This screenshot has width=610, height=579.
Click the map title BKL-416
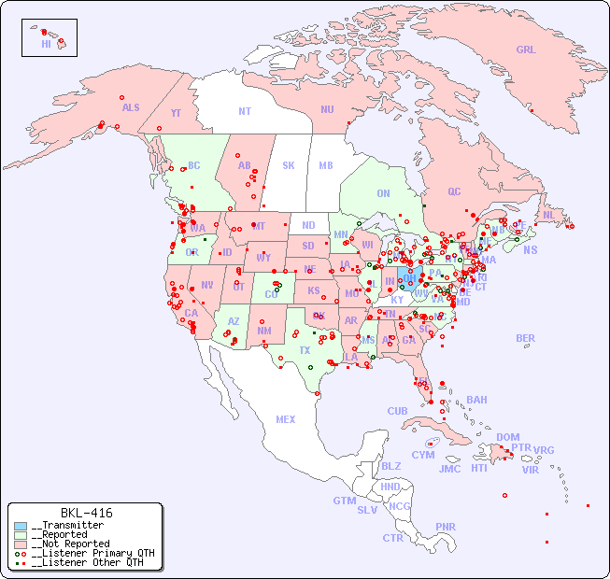tap(86, 513)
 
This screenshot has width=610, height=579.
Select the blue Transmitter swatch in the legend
tap(21, 526)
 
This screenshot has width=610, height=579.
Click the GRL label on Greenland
tap(526, 49)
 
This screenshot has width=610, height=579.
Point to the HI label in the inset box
tap(46, 44)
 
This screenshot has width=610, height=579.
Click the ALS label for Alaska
tap(131, 107)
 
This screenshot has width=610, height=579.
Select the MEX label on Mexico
tap(286, 419)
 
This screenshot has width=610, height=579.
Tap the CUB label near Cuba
tap(397, 411)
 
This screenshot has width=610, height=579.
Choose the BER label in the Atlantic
tap(526, 338)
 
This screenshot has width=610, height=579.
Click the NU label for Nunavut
tap(327, 109)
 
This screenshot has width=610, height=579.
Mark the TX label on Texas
tap(305, 350)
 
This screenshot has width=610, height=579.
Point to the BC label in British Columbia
tap(194, 165)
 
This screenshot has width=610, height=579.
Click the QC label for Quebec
tap(454, 191)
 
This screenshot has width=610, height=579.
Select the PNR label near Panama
tap(446, 527)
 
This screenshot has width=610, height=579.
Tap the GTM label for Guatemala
tap(344, 501)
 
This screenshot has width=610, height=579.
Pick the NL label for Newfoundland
tap(548, 215)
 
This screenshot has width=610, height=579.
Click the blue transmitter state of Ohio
tap(408, 276)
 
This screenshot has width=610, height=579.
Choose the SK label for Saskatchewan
tap(289, 165)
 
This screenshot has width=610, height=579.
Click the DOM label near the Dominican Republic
tap(507, 437)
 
